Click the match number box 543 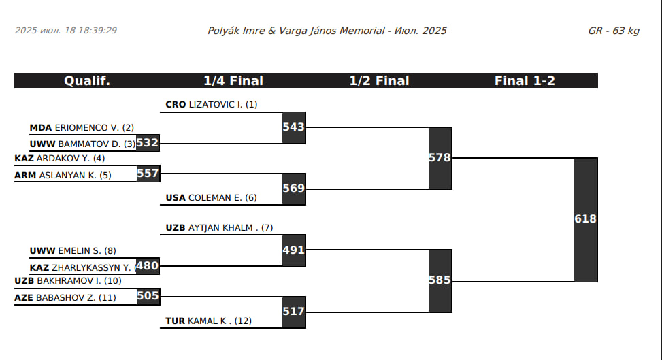point(294,127)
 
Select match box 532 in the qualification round point(148,143)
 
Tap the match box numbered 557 point(148,174)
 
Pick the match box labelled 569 point(294,189)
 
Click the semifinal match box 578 point(440,158)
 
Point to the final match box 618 point(586,219)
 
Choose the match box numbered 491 point(294,250)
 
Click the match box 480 point(148,266)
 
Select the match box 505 point(148,296)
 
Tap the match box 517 point(294,312)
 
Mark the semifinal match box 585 point(440,280)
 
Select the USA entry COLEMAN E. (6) point(212,198)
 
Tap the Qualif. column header point(87,81)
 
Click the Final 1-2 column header point(525,81)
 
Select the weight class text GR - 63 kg point(614,31)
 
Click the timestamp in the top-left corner point(66,31)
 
